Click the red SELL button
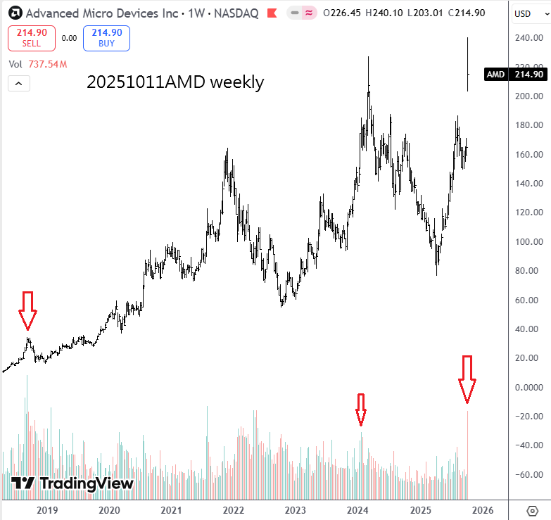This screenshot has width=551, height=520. pyautogui.click(x=31, y=37)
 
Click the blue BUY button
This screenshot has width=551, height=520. pyautogui.click(x=106, y=37)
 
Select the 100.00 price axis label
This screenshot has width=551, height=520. pyautogui.click(x=528, y=242)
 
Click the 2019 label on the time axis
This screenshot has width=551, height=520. pyautogui.click(x=46, y=510)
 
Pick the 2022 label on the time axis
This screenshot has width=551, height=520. pyautogui.click(x=233, y=510)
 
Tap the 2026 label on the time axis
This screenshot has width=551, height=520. pyautogui.click(x=482, y=510)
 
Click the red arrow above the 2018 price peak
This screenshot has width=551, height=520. pyautogui.click(x=27, y=310)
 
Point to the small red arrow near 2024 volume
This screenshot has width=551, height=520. pyautogui.click(x=361, y=409)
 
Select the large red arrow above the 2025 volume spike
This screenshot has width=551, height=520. pyautogui.click(x=467, y=379)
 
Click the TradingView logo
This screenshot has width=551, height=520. pyautogui.click(x=72, y=483)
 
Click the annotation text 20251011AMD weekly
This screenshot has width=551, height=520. pyautogui.click(x=175, y=82)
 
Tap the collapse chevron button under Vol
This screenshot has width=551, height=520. pyautogui.click(x=19, y=84)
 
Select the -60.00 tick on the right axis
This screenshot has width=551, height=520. pyautogui.click(x=528, y=474)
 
